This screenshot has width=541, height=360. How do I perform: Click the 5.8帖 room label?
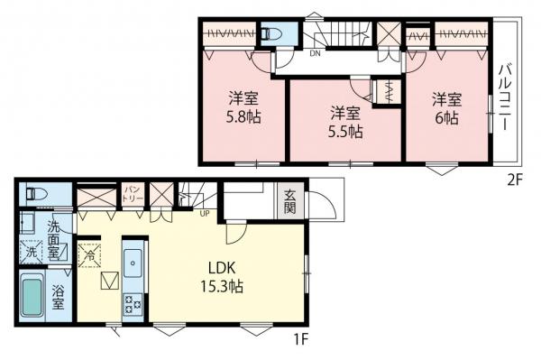[243, 117]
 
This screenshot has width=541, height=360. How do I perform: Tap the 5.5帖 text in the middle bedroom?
[345, 132]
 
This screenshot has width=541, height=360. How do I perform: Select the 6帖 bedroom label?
[447, 118]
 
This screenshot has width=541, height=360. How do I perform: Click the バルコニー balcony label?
[505, 97]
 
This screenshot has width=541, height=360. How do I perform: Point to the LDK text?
[222, 268]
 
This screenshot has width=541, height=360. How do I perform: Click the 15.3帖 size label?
[222, 287]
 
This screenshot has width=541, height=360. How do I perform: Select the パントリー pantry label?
[133, 194]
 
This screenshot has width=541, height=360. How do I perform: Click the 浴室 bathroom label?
[58, 298]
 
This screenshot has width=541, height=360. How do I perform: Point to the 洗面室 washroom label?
[54, 240]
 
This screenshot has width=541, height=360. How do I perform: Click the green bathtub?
[32, 297]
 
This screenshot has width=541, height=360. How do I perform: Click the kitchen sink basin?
[133, 263]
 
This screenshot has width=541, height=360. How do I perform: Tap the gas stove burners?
[133, 304]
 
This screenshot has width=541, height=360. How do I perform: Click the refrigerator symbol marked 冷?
[89, 255]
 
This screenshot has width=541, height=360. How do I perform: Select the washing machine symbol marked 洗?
[31, 252]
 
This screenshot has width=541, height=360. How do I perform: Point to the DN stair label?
[315, 53]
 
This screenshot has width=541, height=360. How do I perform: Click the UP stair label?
[205, 214]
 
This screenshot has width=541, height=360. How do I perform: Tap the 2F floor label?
[516, 180]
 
